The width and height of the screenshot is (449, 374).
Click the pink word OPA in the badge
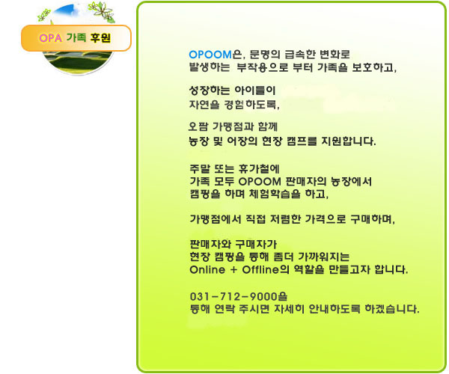coord(50,38)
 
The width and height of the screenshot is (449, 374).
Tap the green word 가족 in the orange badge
coord(76,37)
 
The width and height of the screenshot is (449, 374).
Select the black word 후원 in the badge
coord(100,37)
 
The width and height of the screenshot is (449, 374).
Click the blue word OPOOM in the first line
coord(210,55)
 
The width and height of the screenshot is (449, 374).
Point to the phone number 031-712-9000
coord(234,297)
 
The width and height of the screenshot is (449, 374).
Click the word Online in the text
coord(207,269)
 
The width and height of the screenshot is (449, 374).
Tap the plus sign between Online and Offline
coord(233,270)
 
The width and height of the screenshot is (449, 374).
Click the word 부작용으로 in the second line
coord(262,67)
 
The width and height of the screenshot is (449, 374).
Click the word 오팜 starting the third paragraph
coord(198,126)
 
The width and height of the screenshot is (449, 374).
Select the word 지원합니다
coord(349,141)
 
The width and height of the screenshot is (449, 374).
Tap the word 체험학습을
coord(275,194)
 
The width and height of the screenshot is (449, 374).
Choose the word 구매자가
coord(256,245)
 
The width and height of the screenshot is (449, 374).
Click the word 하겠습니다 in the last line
coord(392,309)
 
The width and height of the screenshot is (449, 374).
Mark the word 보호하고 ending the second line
coord(374,67)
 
